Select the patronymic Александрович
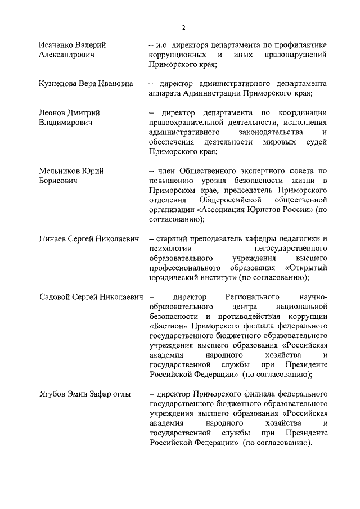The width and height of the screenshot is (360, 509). tap(66, 55)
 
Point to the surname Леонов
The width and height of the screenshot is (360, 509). tap(53, 112)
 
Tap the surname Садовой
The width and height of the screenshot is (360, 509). tap(56, 296)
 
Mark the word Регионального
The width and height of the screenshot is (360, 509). tap(253, 296)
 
